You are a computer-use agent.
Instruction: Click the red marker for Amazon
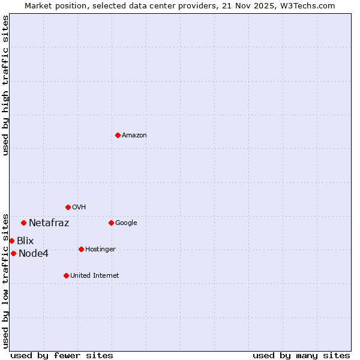(118, 135)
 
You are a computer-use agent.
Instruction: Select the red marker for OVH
(68, 207)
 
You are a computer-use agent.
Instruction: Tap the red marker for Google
(111, 223)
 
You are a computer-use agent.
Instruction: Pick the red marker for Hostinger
(81, 249)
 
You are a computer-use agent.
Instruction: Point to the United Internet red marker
(66, 275)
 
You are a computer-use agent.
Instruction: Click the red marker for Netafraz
(23, 223)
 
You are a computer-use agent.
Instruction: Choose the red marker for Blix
(11, 241)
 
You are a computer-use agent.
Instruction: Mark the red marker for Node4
(13, 253)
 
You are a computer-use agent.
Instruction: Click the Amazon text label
(134, 136)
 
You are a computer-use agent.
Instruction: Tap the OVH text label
(79, 208)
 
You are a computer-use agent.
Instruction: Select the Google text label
(126, 223)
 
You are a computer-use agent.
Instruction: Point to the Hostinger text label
(100, 250)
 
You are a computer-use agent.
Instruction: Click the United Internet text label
(95, 276)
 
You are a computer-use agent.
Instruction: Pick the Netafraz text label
(49, 223)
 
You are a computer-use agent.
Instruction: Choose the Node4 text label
(34, 254)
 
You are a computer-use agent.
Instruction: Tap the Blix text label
(25, 241)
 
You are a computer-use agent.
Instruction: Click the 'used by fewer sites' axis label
(62, 355)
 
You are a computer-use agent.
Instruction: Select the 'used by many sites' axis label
(301, 355)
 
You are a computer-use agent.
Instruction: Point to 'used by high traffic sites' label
(5, 85)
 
